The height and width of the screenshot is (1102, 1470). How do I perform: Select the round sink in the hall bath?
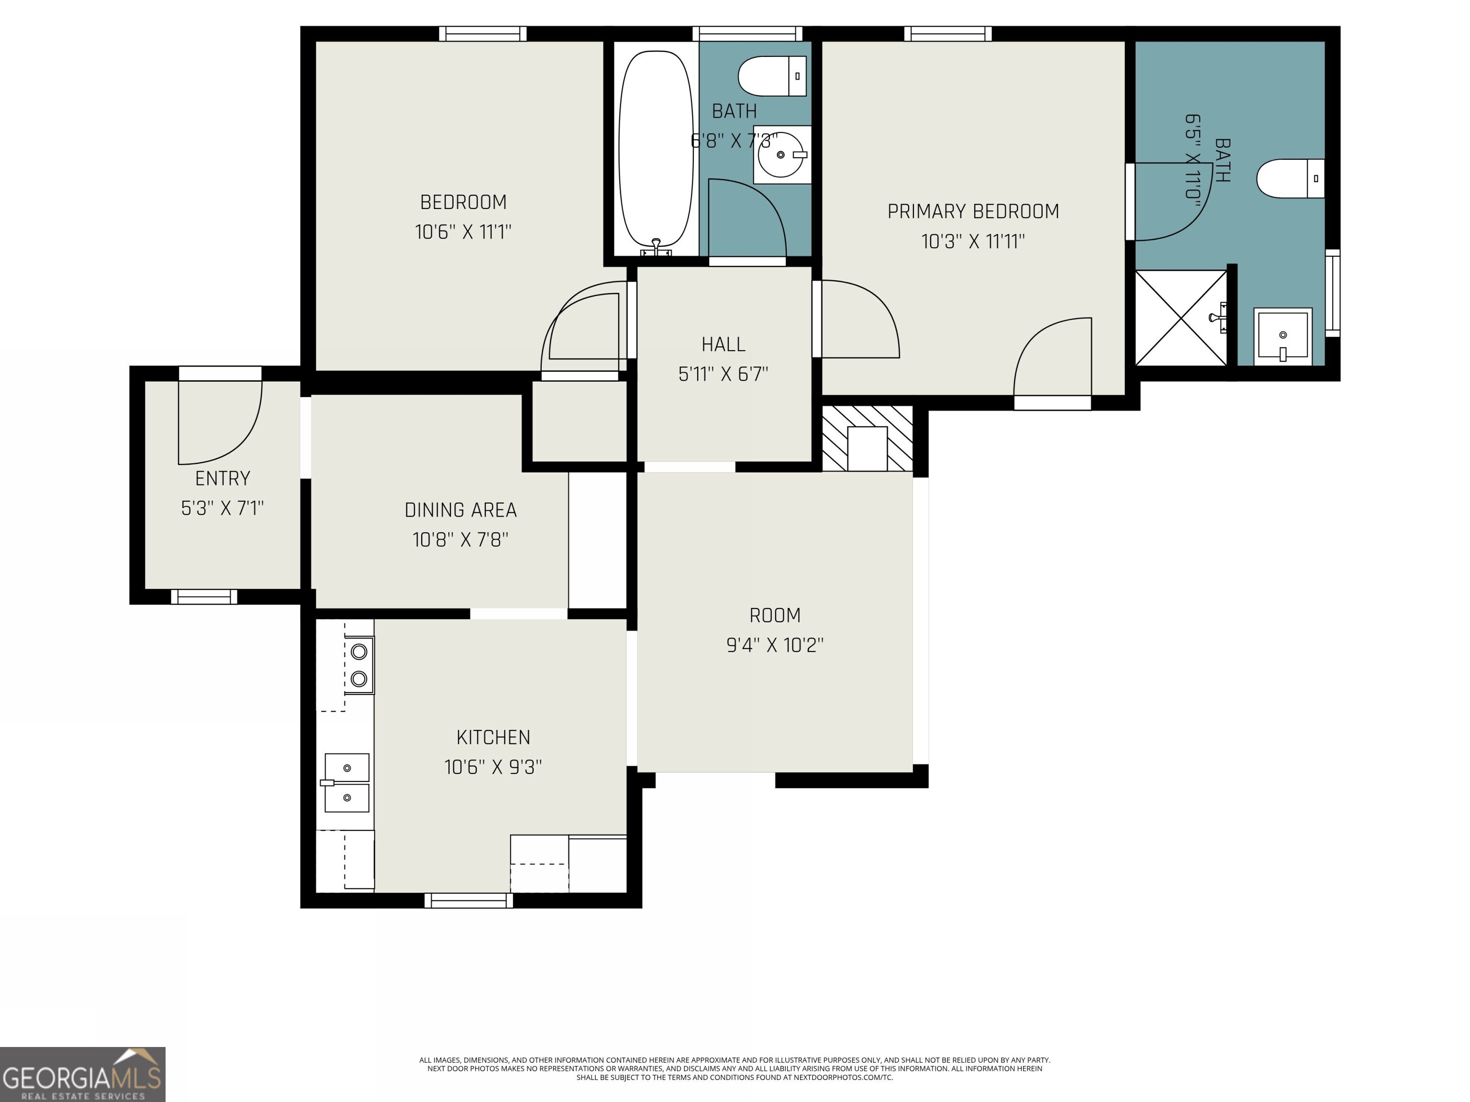point(781,154)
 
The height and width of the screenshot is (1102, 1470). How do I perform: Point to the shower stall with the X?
point(1181,318)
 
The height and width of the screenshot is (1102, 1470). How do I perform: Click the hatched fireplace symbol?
point(867,439)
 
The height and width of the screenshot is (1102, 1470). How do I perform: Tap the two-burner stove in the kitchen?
point(359,665)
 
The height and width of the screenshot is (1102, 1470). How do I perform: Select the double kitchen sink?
point(346,782)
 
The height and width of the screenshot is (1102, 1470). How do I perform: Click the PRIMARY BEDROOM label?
point(973,211)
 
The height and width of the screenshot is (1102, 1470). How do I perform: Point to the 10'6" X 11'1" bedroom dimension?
point(463,232)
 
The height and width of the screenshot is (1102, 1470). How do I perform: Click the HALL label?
point(723,344)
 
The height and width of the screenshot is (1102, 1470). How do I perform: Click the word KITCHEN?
point(493,738)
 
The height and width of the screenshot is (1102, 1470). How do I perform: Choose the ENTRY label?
point(223,478)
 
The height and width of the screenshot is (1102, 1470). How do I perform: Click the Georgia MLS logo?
point(82,1074)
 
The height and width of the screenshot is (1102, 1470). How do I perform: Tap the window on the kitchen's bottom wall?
point(468,900)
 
